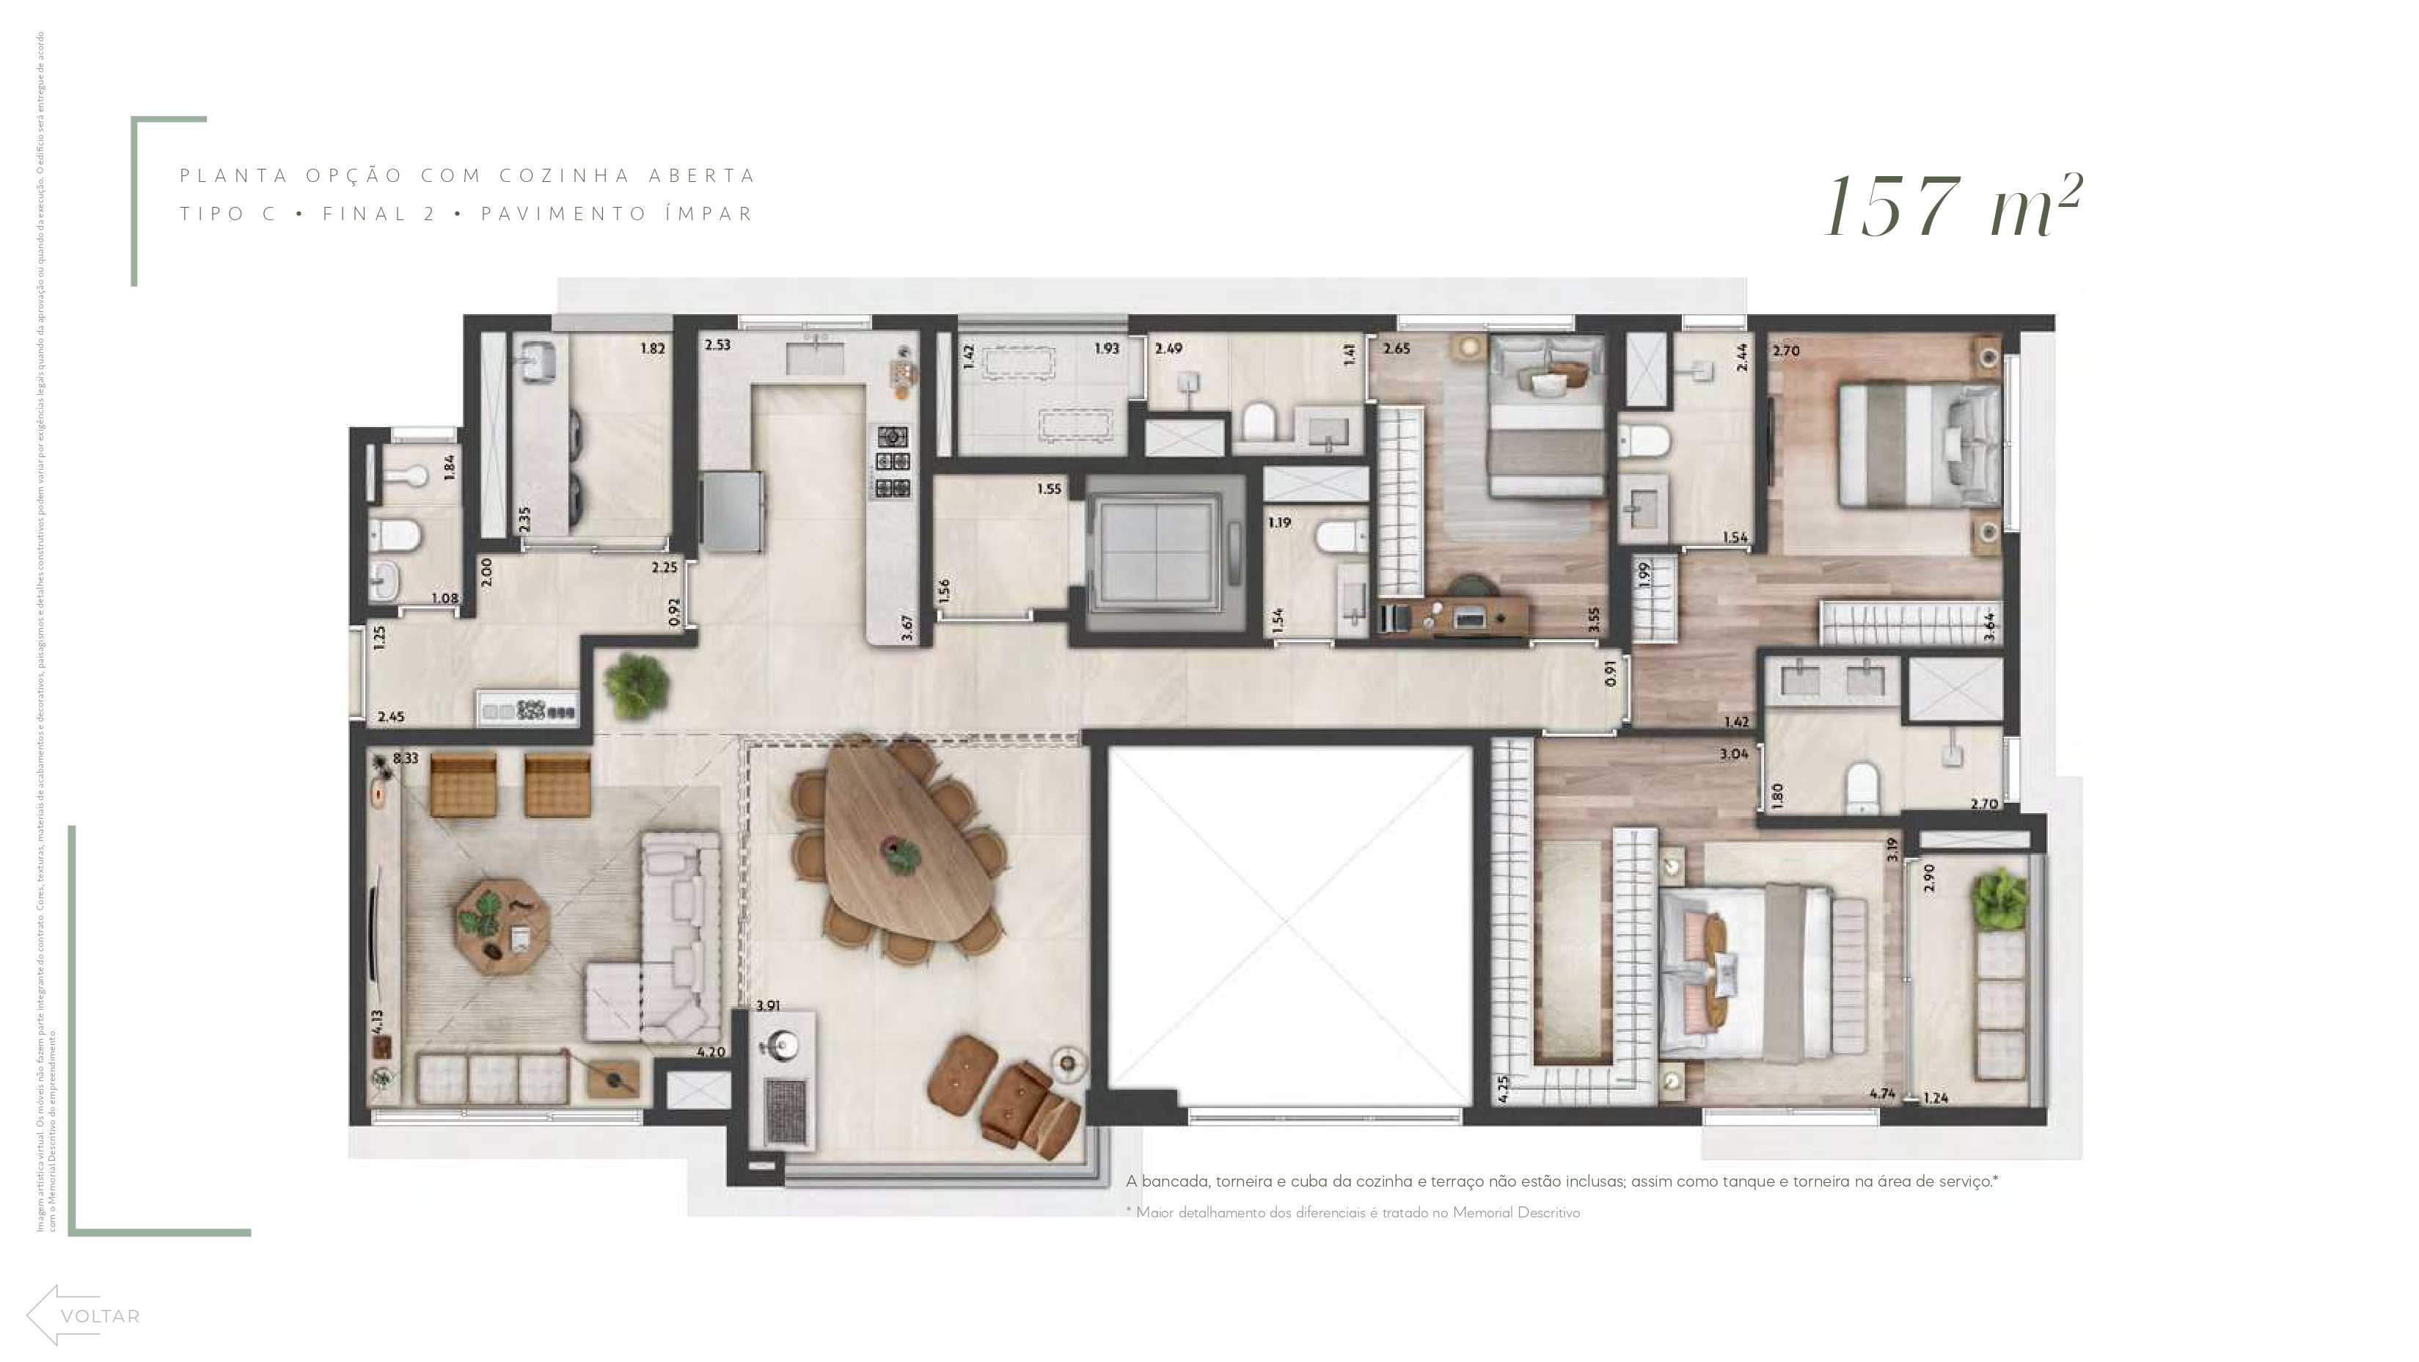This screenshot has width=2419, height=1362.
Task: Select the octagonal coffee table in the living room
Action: [x=502, y=925]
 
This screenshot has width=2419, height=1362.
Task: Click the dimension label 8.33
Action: [x=406, y=758]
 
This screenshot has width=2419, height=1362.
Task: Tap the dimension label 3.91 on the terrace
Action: [x=767, y=1005]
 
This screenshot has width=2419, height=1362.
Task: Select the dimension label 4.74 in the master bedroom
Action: [x=1882, y=1093]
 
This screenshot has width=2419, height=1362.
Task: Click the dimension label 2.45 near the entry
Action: [x=391, y=717]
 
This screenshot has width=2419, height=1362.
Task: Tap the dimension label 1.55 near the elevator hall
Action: [x=1049, y=489]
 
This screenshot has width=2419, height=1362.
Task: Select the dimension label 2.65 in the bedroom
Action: [x=1397, y=349]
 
